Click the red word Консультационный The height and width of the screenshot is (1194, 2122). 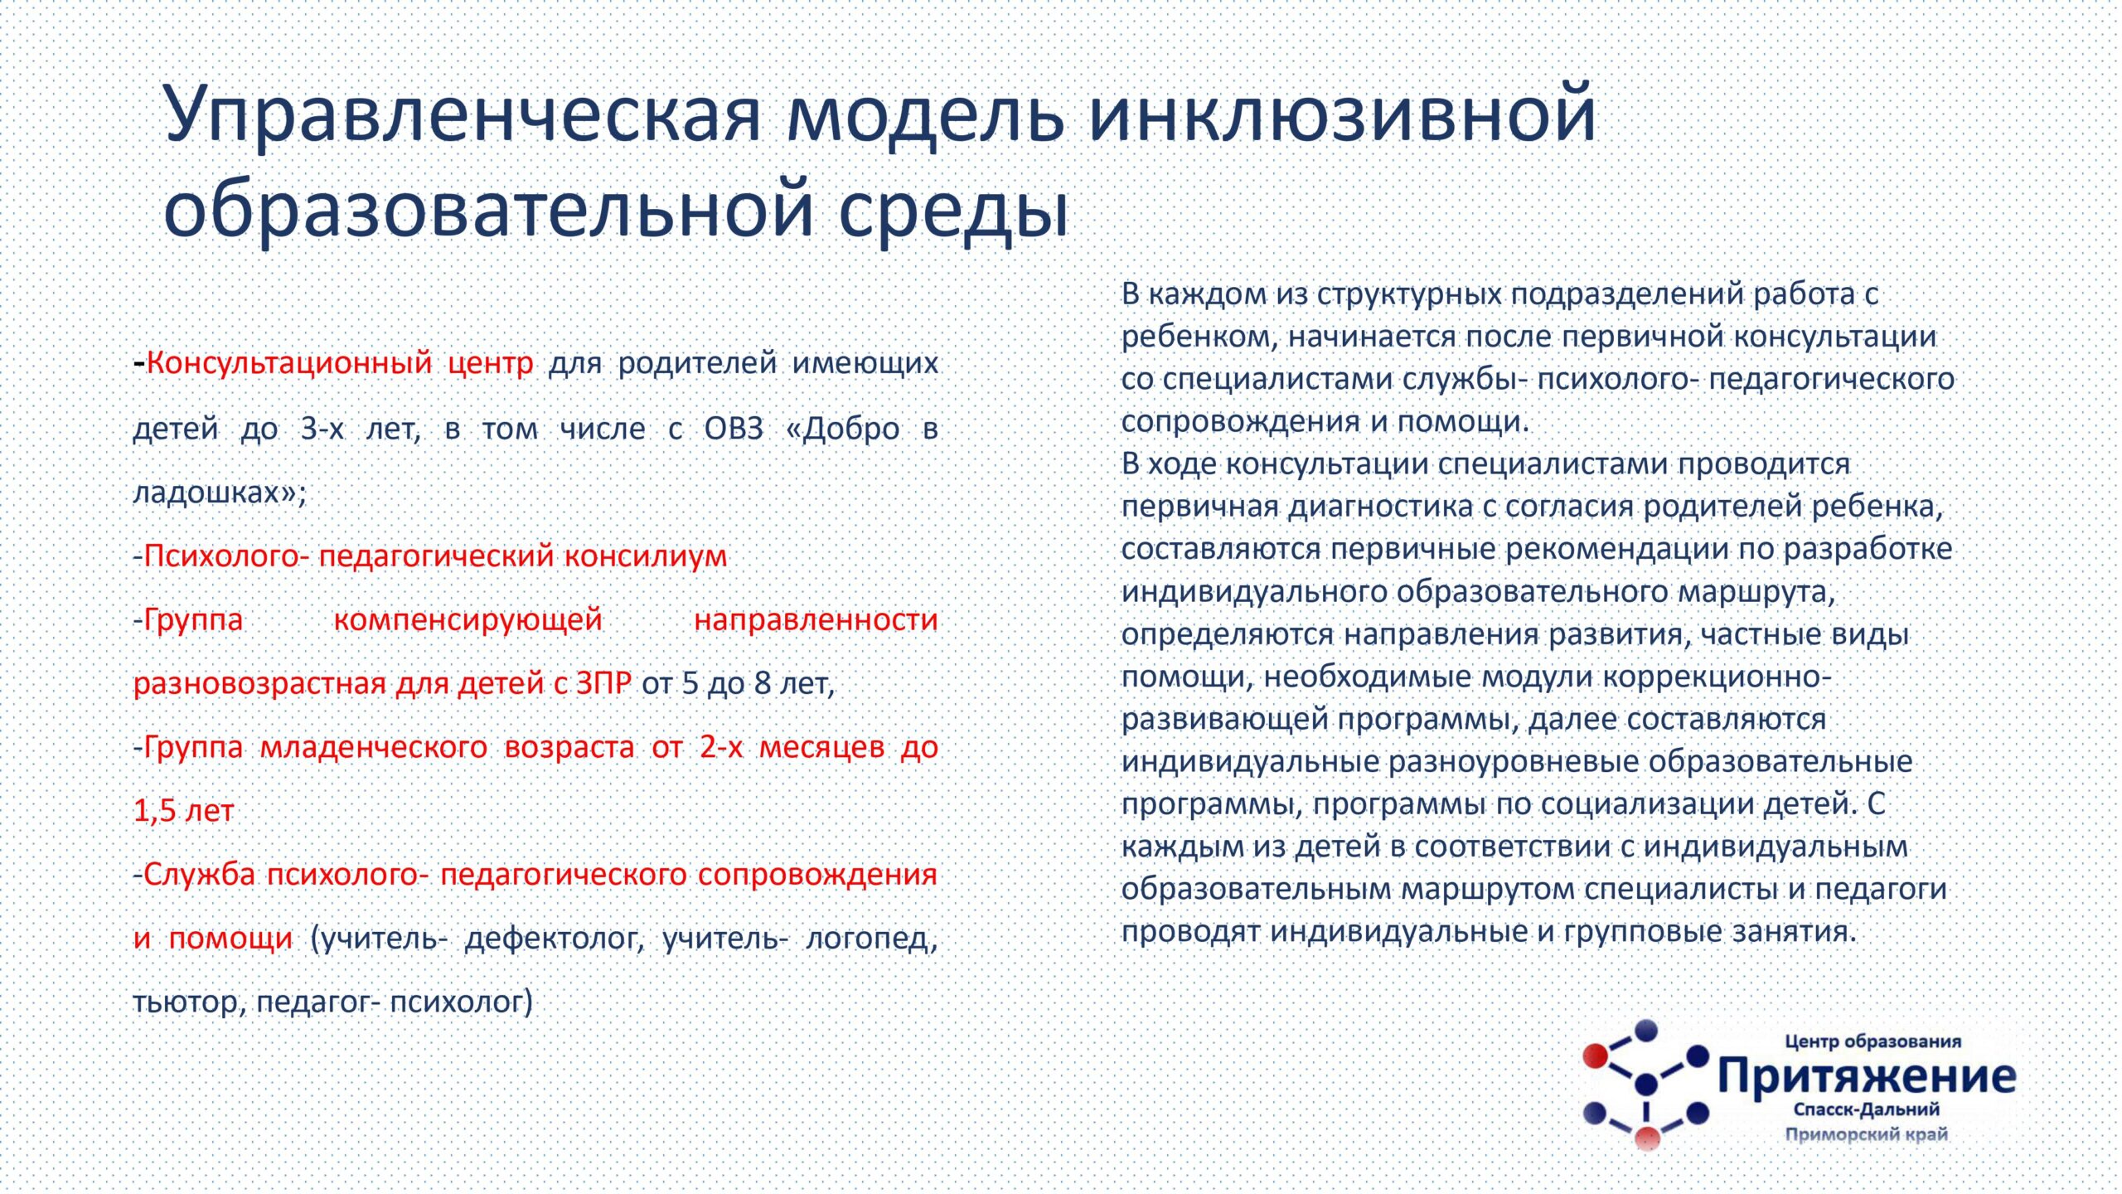click(x=289, y=363)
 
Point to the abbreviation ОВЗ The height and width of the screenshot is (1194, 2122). click(x=734, y=428)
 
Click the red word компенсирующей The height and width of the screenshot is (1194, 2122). click(x=468, y=619)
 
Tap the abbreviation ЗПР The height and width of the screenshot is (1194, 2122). click(x=603, y=682)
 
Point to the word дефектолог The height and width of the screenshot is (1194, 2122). click(x=555, y=938)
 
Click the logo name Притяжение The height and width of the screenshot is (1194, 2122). click(x=1867, y=1075)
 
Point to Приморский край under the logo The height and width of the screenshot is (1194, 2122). click(x=1866, y=1133)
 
